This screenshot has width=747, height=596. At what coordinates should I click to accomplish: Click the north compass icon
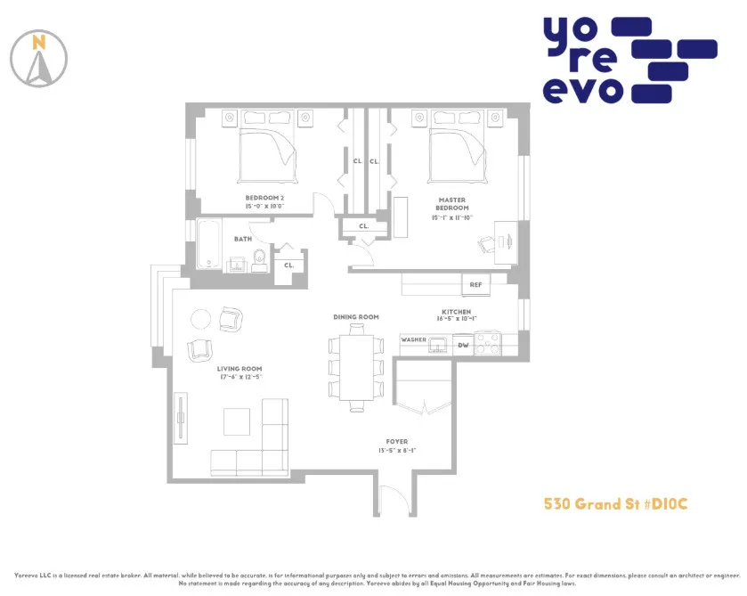click(x=38, y=59)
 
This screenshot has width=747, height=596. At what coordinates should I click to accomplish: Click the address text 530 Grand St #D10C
click(x=615, y=505)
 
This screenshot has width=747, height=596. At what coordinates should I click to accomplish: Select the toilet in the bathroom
click(x=260, y=258)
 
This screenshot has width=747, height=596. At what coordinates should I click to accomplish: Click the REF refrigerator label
click(x=475, y=285)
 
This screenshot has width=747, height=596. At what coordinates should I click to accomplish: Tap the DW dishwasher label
click(x=463, y=345)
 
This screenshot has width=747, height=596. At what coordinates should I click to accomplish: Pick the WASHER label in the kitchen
click(x=413, y=339)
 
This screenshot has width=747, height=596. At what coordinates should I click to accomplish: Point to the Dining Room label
click(x=356, y=317)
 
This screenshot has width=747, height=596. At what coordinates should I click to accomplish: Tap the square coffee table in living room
click(x=237, y=420)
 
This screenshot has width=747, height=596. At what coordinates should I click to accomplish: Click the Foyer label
click(x=396, y=441)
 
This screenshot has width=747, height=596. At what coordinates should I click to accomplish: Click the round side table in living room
click(x=201, y=318)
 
